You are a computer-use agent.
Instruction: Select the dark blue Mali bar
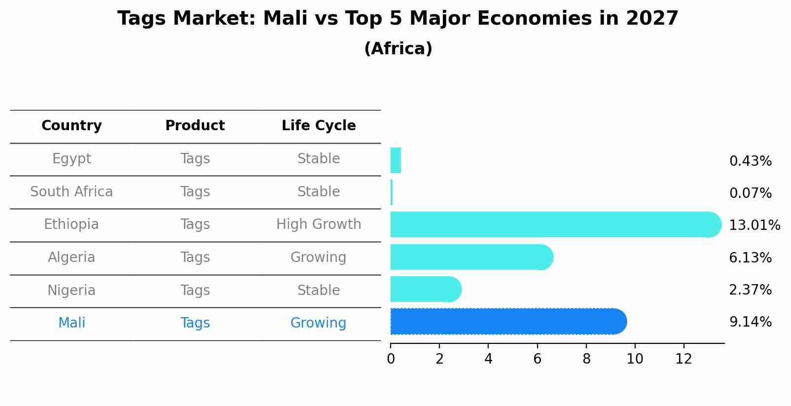(508, 322)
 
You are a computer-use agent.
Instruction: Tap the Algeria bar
(471, 257)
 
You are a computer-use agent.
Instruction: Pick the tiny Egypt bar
(395, 160)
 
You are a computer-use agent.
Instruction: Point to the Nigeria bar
(425, 289)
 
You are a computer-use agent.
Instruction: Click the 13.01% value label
(754, 225)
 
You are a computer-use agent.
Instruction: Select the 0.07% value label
(750, 193)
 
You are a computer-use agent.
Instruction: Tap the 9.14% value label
(750, 322)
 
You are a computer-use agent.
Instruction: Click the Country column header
(72, 126)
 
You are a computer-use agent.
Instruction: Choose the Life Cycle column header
(319, 126)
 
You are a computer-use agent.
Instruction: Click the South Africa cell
(72, 192)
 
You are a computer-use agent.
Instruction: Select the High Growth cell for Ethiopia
(319, 224)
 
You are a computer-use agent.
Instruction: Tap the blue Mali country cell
(72, 323)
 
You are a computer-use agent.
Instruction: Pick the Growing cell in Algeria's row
(319, 258)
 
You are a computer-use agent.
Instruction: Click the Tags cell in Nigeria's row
(195, 291)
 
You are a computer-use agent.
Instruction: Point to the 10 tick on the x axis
(635, 359)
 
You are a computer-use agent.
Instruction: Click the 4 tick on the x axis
(488, 359)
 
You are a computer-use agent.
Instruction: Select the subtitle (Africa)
(398, 49)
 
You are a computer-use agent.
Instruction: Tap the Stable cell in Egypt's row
(319, 159)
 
